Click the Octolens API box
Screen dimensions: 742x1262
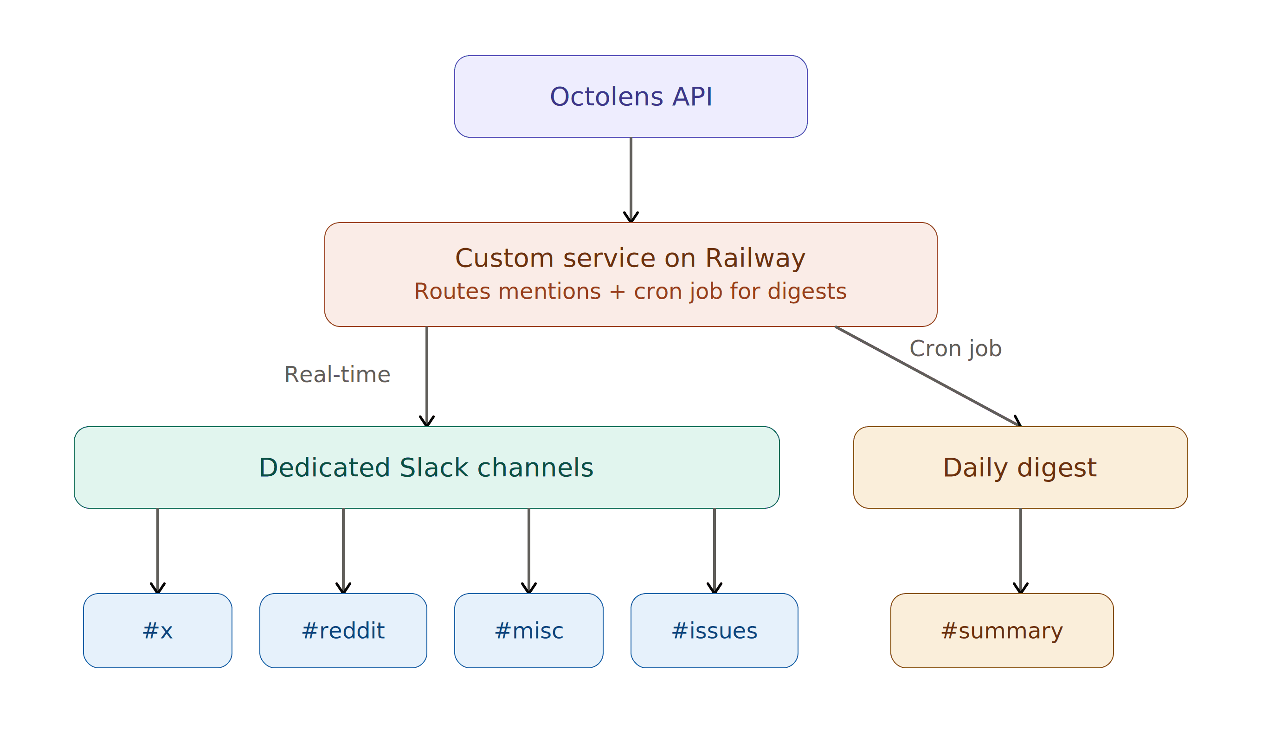click(631, 96)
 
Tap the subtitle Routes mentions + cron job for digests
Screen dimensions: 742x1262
click(630, 292)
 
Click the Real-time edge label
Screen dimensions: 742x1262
click(337, 375)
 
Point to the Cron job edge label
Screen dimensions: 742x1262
click(955, 349)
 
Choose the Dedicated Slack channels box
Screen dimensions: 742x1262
click(426, 467)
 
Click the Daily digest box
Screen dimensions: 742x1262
click(1020, 467)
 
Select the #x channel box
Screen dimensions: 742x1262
click(157, 631)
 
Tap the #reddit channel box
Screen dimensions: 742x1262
click(343, 631)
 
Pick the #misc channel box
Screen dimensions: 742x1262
click(528, 631)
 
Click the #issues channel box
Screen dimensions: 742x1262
click(714, 631)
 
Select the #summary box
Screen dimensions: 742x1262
click(1002, 631)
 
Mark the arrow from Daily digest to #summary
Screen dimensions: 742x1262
click(1020, 551)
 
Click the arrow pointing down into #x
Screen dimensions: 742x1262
click(157, 551)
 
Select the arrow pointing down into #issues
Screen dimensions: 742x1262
click(714, 551)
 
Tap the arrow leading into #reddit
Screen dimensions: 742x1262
click(343, 551)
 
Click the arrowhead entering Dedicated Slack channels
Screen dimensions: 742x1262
click(427, 421)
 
